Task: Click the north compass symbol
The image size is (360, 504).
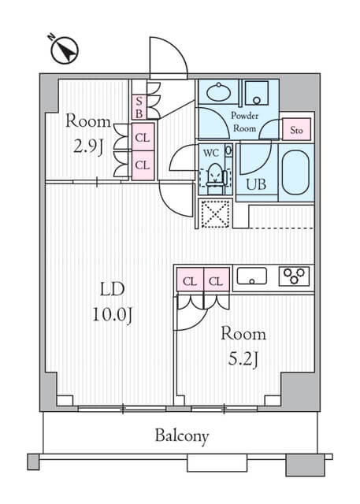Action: tap(65, 50)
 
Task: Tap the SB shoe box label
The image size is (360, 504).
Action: tap(139, 107)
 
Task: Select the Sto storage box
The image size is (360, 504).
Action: tap(296, 129)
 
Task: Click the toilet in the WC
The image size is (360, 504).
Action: tap(215, 179)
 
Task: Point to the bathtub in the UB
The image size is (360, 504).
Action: tap(295, 172)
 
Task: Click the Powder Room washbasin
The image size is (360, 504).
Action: tap(218, 92)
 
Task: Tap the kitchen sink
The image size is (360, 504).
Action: tap(251, 276)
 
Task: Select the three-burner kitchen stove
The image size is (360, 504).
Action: tap(294, 276)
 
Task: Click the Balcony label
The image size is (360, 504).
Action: tap(182, 436)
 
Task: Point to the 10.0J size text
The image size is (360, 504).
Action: tap(112, 314)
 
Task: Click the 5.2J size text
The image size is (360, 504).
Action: tap(243, 360)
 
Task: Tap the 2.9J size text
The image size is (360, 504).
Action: tap(88, 147)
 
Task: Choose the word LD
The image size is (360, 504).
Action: tap(112, 289)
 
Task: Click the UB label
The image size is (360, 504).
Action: tap(256, 184)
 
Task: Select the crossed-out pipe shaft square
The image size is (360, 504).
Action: tap(215, 213)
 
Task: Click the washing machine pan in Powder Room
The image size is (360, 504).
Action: tap(257, 93)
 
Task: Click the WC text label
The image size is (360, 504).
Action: tap(211, 153)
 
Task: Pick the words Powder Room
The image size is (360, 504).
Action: tap(245, 122)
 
